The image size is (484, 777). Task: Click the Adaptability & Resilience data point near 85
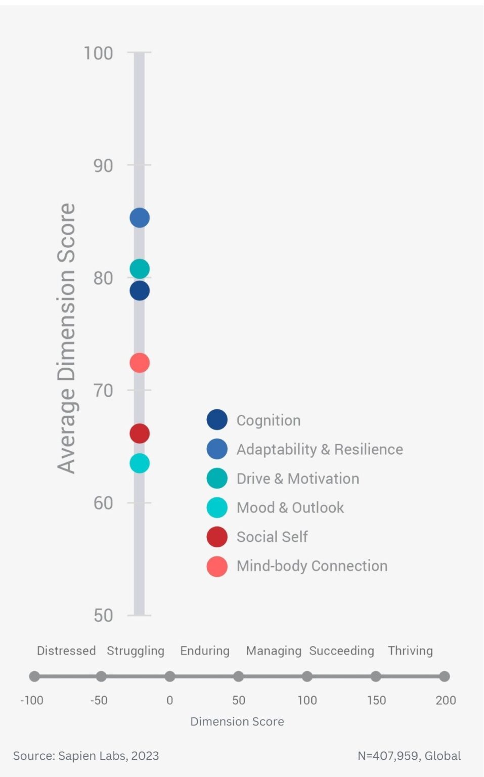(x=140, y=218)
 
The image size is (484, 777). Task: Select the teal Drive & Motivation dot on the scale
(x=140, y=269)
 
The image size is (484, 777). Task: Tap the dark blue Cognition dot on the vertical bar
(x=140, y=291)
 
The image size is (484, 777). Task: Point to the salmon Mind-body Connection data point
(x=140, y=363)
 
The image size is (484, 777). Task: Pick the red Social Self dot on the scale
(x=140, y=434)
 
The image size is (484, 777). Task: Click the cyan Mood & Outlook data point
(x=140, y=463)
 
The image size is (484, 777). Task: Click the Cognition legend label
(x=269, y=420)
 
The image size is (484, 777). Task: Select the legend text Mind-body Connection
(x=312, y=566)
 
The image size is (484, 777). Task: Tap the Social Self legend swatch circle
(x=217, y=537)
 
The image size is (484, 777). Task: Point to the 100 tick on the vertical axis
(x=99, y=53)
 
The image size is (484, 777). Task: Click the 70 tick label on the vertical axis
(x=103, y=391)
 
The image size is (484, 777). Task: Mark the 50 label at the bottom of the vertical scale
(x=103, y=616)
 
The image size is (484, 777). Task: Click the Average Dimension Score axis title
(x=67, y=338)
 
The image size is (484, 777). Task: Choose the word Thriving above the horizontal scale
(x=410, y=651)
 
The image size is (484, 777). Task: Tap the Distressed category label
(x=66, y=651)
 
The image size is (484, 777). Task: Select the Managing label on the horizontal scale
(x=274, y=651)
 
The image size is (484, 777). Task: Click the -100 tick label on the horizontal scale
(x=32, y=701)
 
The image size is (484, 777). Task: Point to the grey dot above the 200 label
(x=445, y=676)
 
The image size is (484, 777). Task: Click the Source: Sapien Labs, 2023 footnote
(x=86, y=756)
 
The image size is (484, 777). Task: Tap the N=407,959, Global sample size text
(x=409, y=756)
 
